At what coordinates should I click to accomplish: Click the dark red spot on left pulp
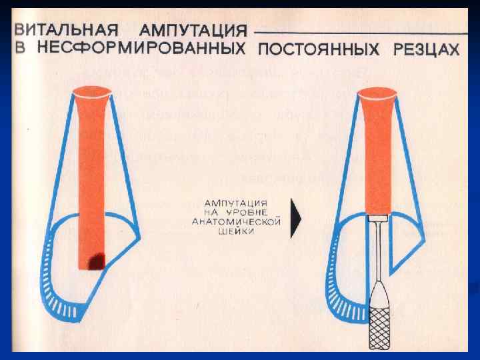[99, 261]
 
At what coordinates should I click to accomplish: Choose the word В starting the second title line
[21, 49]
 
